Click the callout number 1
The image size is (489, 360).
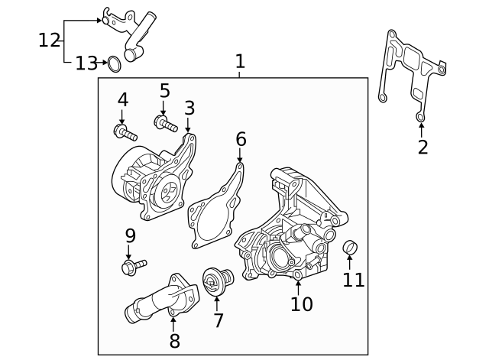240,61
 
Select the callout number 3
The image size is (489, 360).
189,108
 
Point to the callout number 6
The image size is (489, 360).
241,139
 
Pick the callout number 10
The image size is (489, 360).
301,303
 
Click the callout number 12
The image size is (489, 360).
49,40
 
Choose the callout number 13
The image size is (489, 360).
86,63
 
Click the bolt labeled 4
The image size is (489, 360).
125,132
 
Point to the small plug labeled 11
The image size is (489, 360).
351,248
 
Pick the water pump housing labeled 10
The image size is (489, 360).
287,229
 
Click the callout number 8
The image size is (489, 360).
174,341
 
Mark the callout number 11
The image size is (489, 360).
354,280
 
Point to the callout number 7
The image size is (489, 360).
219,320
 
